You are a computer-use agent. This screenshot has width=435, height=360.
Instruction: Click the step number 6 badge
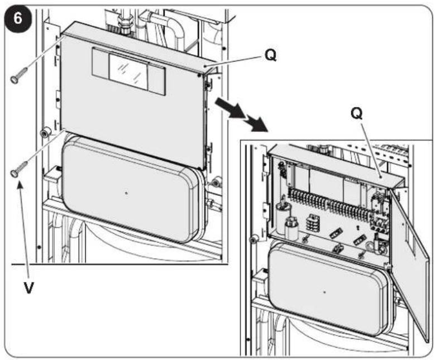pos(18,19)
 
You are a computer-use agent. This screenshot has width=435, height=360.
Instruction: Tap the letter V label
pos(28,287)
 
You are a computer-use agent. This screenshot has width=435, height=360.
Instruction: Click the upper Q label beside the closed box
pos(270,56)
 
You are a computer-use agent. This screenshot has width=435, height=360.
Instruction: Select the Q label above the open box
pos(356,113)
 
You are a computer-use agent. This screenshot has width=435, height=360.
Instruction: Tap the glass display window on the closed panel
pos(128,71)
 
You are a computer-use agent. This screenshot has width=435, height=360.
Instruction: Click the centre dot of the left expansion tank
pos(127,193)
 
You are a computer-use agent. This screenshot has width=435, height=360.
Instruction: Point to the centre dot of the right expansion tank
pos(324,292)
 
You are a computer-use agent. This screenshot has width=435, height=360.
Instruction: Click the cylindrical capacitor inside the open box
pos(283,214)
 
